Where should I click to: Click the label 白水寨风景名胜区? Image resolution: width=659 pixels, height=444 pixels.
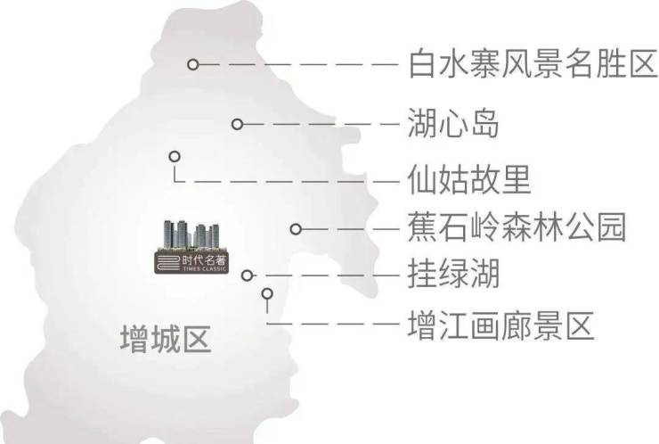pos(531,65)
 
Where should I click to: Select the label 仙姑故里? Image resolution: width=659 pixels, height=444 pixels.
pos(468,181)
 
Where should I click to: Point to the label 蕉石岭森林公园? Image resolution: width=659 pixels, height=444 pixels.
pos(516,228)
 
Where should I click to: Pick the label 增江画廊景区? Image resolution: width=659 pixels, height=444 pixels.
pos(500,325)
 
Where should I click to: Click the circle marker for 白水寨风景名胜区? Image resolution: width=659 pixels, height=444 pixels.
pos(191,64)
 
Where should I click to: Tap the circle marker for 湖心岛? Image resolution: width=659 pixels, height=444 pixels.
pos(237,124)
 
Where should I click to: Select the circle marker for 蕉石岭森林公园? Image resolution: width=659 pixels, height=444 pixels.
pos(296,228)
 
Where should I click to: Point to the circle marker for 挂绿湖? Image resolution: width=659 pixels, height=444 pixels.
pos(248,275)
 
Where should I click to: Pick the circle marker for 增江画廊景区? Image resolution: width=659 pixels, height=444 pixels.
pos(265,292)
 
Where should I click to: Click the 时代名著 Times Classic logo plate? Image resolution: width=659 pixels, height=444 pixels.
pos(189,260)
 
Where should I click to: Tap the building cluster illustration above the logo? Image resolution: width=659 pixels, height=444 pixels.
pos(189,233)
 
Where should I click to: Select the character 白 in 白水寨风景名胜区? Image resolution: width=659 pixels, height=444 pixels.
pos(421,65)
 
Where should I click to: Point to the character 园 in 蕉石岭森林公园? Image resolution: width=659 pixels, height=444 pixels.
pos(612,228)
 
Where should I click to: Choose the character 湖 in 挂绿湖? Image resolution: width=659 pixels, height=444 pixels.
pos(484,275)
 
